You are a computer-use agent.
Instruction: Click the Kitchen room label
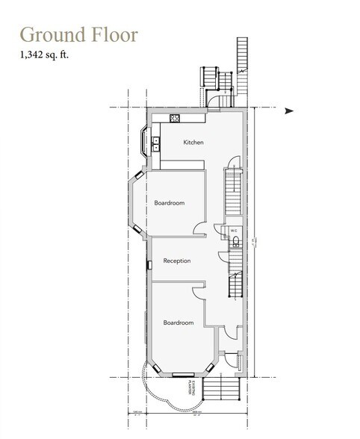(193, 142)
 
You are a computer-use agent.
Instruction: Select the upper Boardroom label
(170, 202)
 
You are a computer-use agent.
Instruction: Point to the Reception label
(177, 261)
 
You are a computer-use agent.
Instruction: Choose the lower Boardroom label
(179, 322)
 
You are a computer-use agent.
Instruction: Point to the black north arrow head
(289, 111)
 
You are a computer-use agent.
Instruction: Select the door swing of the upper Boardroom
(196, 228)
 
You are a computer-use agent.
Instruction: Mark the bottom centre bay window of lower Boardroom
(181, 373)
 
